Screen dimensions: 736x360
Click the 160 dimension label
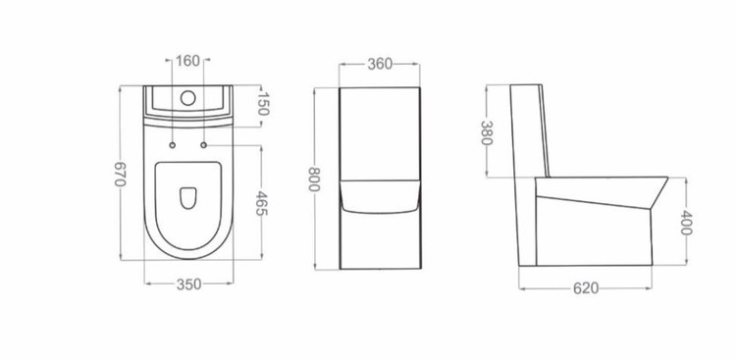coord(187,61)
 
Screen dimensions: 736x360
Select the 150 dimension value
coord(263,104)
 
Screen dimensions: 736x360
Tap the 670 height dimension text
coord(120,174)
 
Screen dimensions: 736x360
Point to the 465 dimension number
coord(261,203)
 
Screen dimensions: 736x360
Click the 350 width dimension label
coord(188,283)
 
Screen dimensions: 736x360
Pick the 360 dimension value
coord(380,64)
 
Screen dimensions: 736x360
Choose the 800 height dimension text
coord(314,179)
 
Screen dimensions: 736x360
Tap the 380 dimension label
coord(487,132)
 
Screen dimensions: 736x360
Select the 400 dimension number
coord(686,223)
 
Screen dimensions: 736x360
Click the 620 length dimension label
coord(586,288)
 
